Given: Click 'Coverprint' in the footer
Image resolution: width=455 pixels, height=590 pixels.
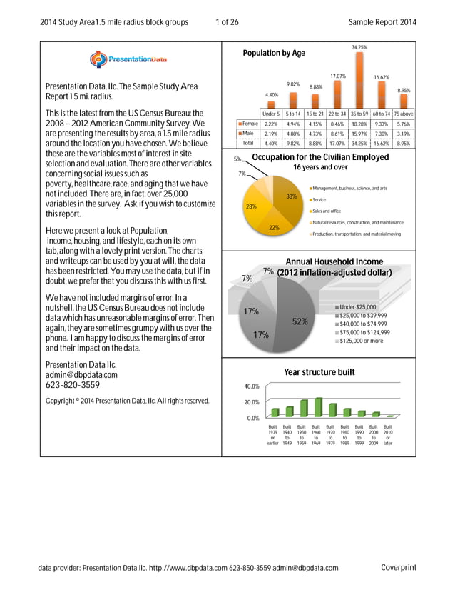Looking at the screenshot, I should (398, 568).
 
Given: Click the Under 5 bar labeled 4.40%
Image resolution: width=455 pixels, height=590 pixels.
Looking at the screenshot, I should (271, 103).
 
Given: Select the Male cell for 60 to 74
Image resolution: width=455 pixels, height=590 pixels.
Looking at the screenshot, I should (382, 133).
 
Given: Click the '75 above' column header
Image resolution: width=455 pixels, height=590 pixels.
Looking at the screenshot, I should (404, 114).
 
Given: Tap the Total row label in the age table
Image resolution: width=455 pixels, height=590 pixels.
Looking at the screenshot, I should (247, 143).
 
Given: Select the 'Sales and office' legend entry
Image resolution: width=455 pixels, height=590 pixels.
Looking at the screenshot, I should (327, 211).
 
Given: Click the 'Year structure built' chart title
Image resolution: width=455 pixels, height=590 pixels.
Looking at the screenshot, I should (319, 371).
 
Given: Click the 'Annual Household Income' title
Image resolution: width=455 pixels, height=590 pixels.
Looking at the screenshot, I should (334, 262).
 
